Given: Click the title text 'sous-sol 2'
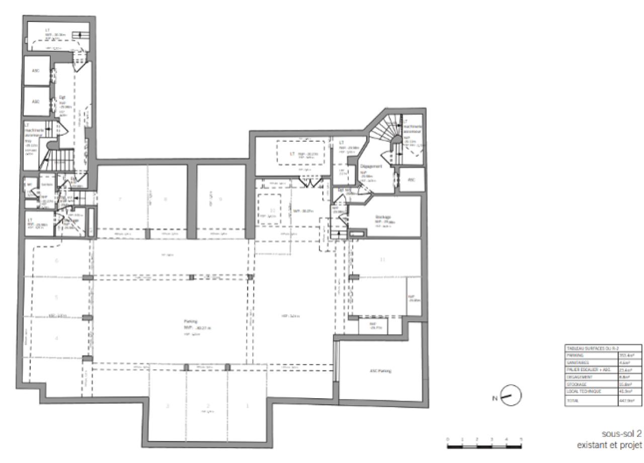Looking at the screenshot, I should (621, 433).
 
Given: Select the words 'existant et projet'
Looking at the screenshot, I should (609, 445).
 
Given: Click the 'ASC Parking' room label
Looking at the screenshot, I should (380, 371).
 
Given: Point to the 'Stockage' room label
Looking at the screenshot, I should (383, 217).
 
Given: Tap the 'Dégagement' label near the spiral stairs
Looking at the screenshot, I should (371, 166).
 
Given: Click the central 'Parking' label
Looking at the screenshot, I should (190, 321).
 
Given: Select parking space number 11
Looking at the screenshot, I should (383, 259).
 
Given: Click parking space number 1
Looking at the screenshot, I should (247, 406).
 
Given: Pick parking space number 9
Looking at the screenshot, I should (220, 199).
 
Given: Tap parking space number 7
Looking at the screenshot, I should (120, 199).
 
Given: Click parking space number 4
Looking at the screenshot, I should (56, 338).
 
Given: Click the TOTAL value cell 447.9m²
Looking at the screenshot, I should (629, 401).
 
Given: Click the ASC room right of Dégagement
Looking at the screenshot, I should (412, 179).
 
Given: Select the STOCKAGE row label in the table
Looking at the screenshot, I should (576, 384).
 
